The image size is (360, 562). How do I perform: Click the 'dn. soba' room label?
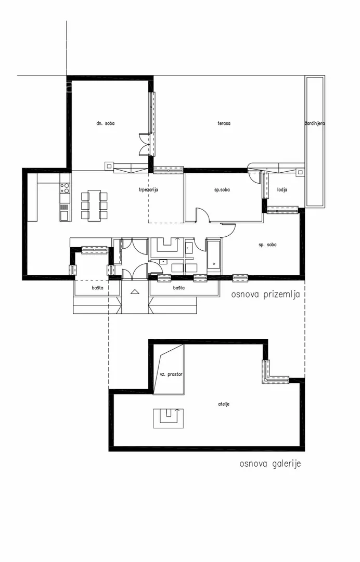[105, 123]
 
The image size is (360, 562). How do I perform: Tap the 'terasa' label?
[224, 123]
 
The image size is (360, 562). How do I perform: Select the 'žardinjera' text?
[315, 123]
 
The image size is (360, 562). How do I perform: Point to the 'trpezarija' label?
[148, 189]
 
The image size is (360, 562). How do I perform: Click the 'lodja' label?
[282, 189]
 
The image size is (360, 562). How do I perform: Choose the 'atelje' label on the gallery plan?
[224, 404]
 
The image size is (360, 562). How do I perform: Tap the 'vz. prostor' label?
[171, 374]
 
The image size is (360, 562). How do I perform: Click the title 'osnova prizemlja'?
[265, 295]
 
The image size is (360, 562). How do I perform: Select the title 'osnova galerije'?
[270, 464]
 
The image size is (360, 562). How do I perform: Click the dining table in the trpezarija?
[94, 206]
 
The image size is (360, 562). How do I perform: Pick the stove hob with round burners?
[65, 188]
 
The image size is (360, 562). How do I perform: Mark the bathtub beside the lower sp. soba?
[213, 256]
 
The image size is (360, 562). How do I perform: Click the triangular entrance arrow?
[135, 292]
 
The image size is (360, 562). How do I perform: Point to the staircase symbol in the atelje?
[169, 418]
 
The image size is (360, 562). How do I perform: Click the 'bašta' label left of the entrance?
[97, 287]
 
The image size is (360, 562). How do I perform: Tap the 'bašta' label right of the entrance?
[179, 287]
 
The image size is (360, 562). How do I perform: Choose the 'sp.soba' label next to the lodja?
[222, 189]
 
